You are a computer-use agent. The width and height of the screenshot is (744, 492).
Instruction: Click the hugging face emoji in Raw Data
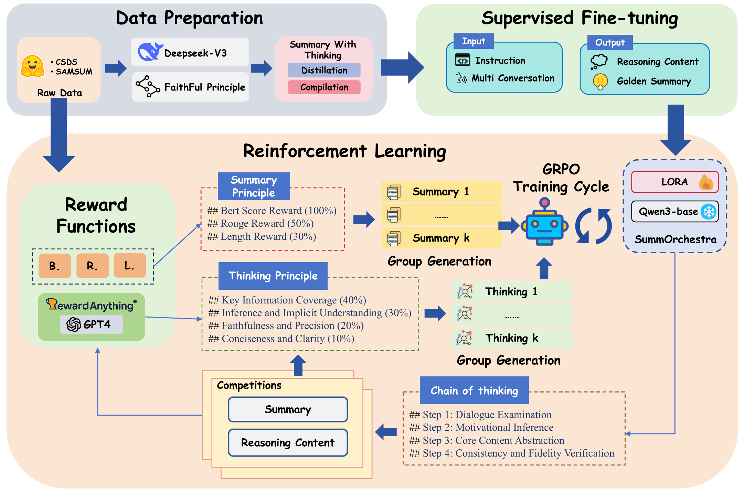pos(33,66)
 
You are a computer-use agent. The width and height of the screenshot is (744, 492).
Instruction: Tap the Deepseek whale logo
pos(150,52)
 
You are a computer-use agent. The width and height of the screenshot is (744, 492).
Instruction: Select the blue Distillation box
pos(324,70)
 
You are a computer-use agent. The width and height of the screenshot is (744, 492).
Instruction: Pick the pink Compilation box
pos(324,87)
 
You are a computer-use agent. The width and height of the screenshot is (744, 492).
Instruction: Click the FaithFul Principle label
pos(205,87)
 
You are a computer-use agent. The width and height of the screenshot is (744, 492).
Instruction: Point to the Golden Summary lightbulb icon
pos(600,82)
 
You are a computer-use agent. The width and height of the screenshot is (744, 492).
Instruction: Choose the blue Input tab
pos(474,41)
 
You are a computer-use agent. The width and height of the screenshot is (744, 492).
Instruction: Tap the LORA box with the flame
pos(674,182)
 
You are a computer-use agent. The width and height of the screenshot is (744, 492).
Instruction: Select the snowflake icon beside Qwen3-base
pos(709,211)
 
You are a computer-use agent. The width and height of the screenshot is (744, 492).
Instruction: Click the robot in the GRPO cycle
pos(544,223)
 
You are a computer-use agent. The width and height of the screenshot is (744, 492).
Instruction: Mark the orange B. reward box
pos(55,266)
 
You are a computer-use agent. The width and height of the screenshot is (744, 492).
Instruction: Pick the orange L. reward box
pos(129,265)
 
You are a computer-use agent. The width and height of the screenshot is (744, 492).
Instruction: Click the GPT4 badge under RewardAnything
pos(91,324)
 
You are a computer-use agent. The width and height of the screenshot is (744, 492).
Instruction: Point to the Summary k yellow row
pos(441,238)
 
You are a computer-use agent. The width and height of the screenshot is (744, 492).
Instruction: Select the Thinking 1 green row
pos(511,291)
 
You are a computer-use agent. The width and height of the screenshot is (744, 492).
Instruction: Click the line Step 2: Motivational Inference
pos(481,427)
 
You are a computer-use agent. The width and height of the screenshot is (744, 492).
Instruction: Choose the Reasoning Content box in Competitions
pos(288,442)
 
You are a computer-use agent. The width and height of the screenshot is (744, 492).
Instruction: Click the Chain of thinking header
pos(474,391)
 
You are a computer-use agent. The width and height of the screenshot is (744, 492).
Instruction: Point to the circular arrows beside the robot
pos(593,226)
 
